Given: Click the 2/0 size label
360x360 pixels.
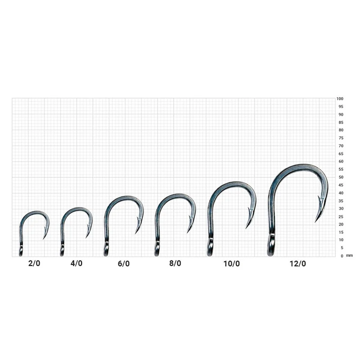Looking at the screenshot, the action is coord(34,263).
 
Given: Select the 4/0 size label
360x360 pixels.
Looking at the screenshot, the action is coord(76,263).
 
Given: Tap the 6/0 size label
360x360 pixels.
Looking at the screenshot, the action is coord(124,264).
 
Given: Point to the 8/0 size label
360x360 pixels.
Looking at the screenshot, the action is coord(175,263).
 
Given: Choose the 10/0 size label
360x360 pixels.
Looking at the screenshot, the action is coord(232,264).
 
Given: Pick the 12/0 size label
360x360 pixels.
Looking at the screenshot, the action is coord(298,264).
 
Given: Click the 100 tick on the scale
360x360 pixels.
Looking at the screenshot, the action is coord(340,99).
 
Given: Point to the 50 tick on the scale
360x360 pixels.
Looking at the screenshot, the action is coord(341,177).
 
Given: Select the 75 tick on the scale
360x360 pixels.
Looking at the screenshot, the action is coord(341,138).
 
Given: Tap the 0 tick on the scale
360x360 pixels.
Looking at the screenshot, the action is coord(342,256).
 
